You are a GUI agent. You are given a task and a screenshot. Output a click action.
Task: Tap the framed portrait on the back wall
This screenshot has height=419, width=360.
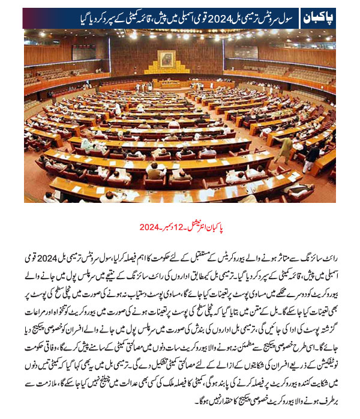click(x=166, y=58)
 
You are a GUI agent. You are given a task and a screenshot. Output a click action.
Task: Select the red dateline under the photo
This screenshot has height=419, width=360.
click(x=179, y=228)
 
